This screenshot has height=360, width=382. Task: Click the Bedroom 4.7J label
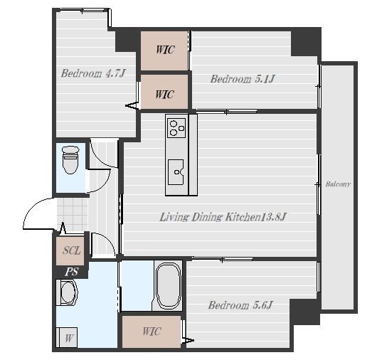point(92,73)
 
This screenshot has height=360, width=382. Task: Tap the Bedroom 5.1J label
point(243,79)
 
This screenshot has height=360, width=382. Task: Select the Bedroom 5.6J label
point(240,305)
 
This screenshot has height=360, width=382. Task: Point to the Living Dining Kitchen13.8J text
point(223,217)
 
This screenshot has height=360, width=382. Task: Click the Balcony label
point(338,184)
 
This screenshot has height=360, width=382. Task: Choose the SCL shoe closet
point(70,251)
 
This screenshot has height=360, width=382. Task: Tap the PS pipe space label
point(72,272)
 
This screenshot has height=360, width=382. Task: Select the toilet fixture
point(70,160)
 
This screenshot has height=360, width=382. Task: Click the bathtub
point(169,286)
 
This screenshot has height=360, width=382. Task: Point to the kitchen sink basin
point(176,172)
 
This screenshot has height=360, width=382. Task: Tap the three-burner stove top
point(176,128)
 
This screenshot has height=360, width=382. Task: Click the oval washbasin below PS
point(69,292)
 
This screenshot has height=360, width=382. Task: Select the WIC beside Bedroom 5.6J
point(152,332)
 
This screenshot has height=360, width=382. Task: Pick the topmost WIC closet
point(164,51)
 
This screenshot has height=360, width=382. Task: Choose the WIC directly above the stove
point(164,92)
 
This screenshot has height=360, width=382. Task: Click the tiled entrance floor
point(73,213)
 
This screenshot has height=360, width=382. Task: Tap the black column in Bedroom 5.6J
point(304,312)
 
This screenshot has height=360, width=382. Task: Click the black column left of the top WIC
point(127,41)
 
